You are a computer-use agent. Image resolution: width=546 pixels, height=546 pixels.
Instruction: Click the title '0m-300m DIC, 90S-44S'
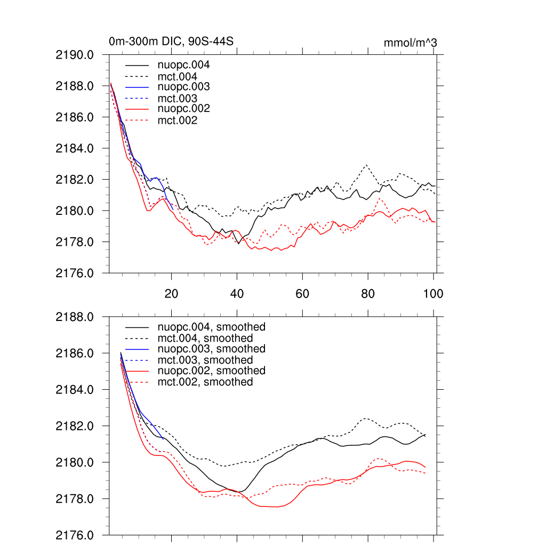pos(171,42)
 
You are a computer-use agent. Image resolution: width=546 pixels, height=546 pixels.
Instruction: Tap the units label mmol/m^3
pos(410,43)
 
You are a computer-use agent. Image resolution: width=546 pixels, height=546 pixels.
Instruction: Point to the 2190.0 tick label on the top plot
pos(79,55)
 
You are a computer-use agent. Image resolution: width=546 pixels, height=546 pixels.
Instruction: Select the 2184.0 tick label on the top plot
pos(79,148)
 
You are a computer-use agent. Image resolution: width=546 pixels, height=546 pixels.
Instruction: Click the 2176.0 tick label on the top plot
pos(79,274)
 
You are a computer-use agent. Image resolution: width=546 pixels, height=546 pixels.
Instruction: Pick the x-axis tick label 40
pos(237,294)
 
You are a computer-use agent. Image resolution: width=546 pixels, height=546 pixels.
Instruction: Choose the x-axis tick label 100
pos(433,294)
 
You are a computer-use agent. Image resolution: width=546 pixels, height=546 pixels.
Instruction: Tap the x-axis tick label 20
pos(171,294)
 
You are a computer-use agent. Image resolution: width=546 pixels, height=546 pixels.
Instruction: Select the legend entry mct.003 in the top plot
pos(178,99)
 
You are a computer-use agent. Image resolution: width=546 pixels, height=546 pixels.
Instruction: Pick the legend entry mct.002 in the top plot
pos(178,121)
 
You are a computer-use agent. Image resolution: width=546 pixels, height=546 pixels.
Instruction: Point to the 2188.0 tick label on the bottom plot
pos(79,317)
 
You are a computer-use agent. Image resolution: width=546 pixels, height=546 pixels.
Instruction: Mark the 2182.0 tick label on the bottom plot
pos(79,427)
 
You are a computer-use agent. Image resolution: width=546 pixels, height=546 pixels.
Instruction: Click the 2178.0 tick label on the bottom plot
pos(79,499)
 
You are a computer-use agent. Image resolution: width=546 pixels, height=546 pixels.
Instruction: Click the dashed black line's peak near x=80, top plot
pos(367,165)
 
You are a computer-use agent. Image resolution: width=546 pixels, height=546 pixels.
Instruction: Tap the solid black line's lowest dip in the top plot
pos(238,244)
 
